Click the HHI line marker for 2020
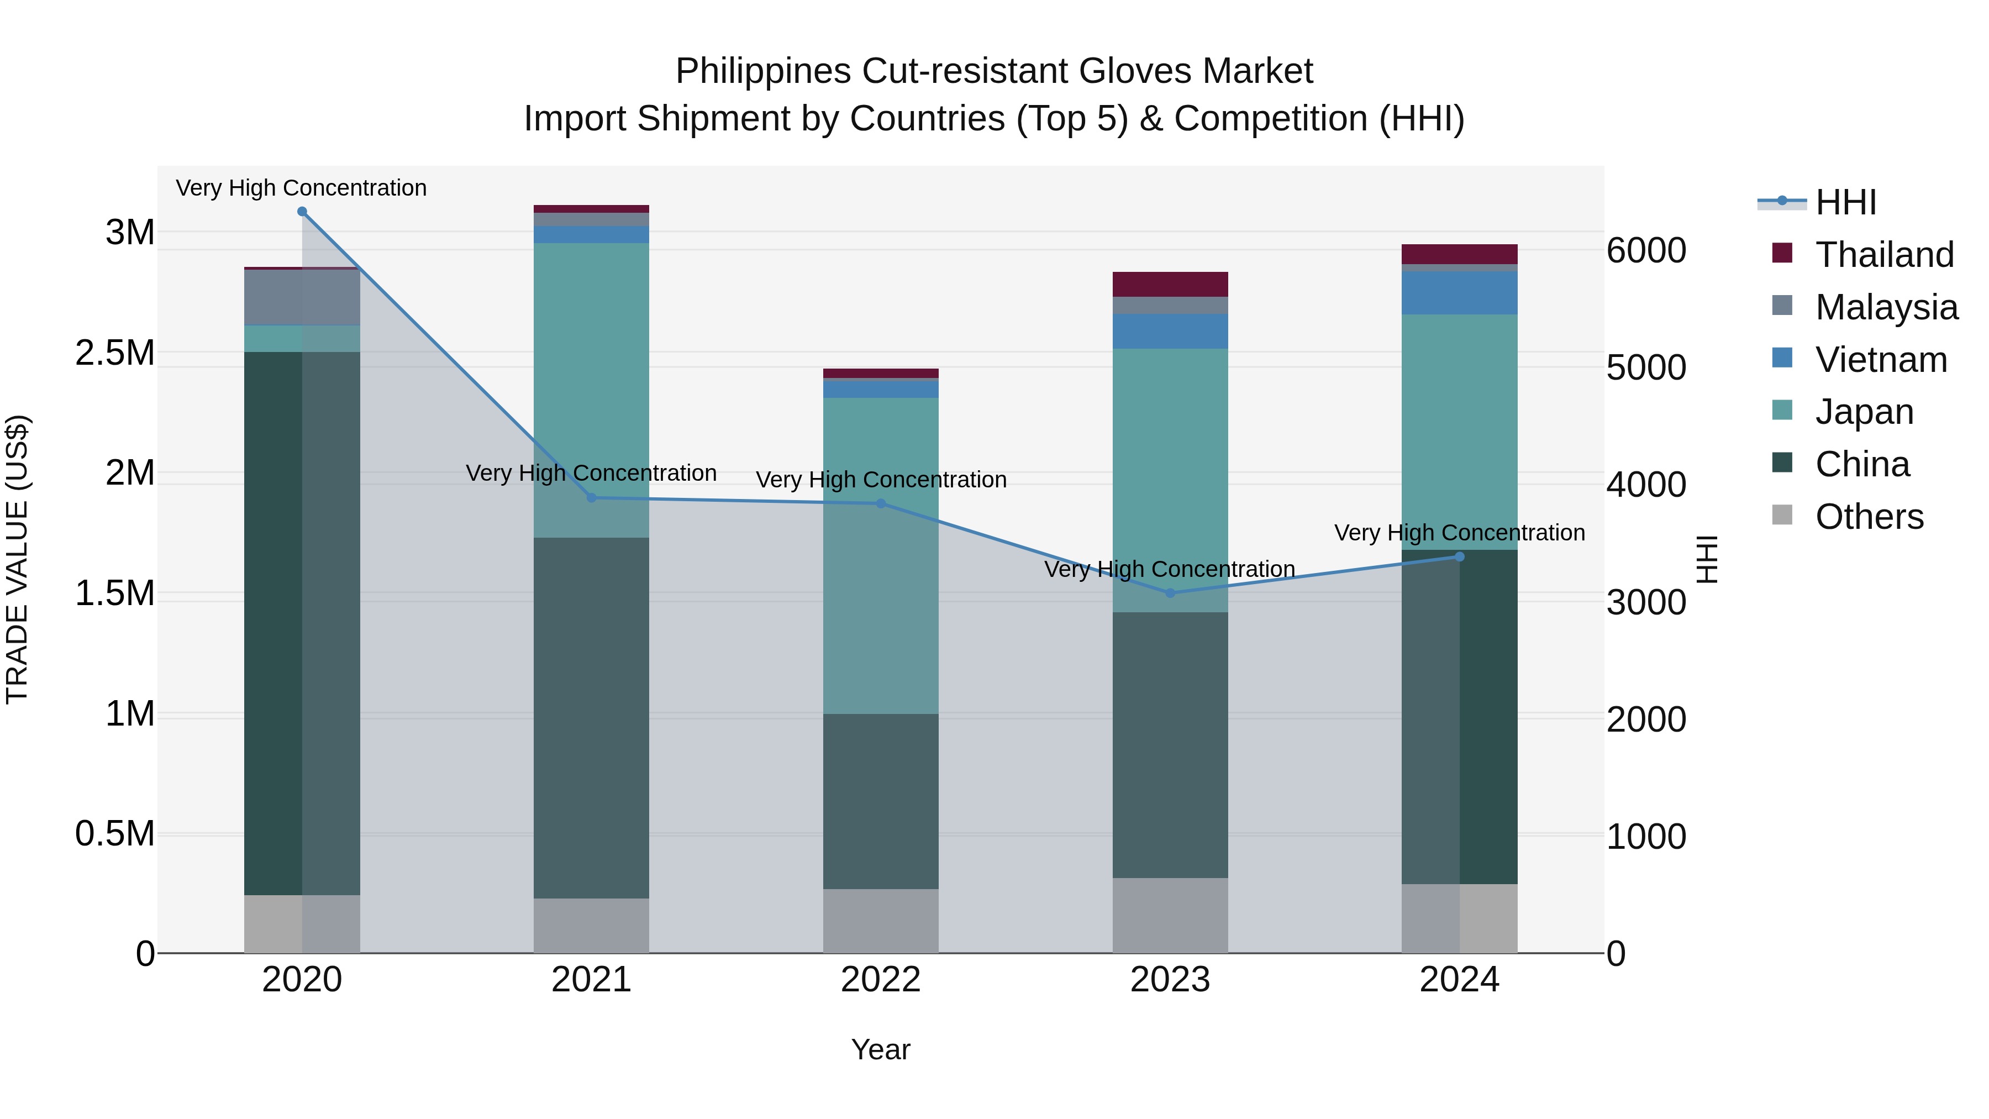[x=302, y=212]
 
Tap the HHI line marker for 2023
[x=1170, y=593]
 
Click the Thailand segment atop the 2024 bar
[x=1459, y=254]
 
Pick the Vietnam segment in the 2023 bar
[x=1170, y=332]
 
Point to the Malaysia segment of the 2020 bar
[x=302, y=297]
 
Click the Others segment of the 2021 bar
[x=591, y=925]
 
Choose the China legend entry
[x=1861, y=464]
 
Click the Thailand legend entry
[x=1884, y=254]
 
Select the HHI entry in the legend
[x=1845, y=202]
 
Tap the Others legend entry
[x=1869, y=517]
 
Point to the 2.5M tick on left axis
[x=115, y=353]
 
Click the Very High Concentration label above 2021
[x=591, y=472]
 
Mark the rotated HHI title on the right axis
[x=1707, y=559]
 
